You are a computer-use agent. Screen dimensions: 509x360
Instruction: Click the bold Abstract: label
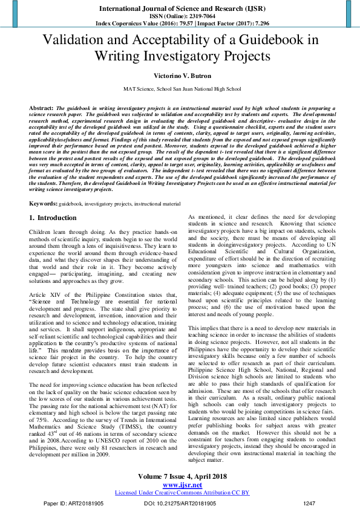tap(41, 107)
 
